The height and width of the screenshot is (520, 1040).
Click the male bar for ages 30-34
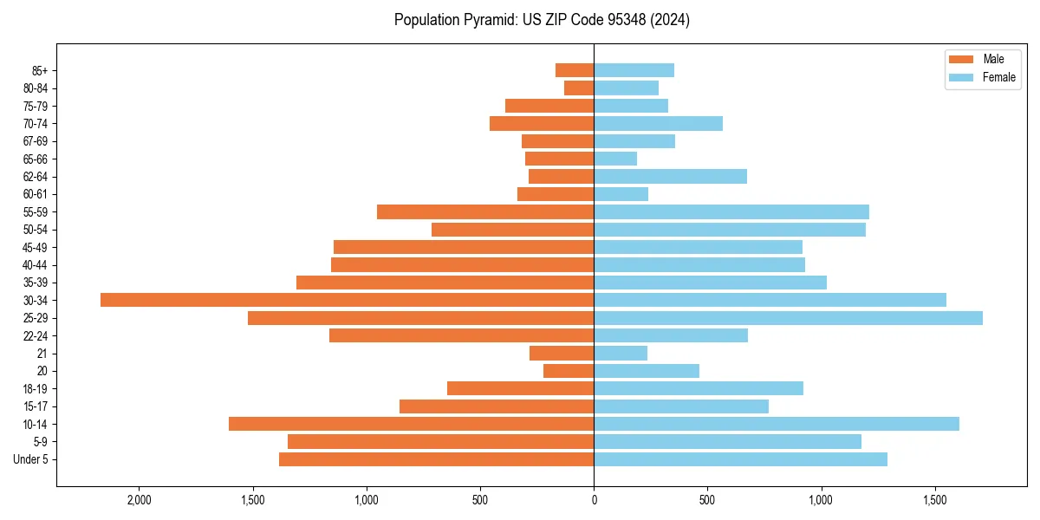[x=347, y=300]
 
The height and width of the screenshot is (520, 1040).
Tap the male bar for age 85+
[x=575, y=70]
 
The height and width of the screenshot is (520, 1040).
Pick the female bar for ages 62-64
[x=670, y=177]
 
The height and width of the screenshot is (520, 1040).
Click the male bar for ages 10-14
[x=411, y=424]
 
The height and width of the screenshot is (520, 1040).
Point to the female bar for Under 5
[x=740, y=459]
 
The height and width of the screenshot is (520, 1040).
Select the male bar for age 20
[x=569, y=371]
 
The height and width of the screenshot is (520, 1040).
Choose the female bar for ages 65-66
[x=615, y=159]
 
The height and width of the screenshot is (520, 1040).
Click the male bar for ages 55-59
[x=485, y=212]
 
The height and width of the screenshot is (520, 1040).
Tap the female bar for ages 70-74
[x=658, y=124]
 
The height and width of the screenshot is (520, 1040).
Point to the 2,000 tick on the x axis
[x=139, y=500]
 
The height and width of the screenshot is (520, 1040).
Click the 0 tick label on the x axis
[x=594, y=500]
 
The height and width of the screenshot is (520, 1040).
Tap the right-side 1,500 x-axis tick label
[x=934, y=500]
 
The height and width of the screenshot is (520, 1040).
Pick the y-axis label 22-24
[x=36, y=336]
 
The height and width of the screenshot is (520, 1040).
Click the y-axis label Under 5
[x=31, y=459]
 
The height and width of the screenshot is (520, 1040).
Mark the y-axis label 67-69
[x=36, y=141]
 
